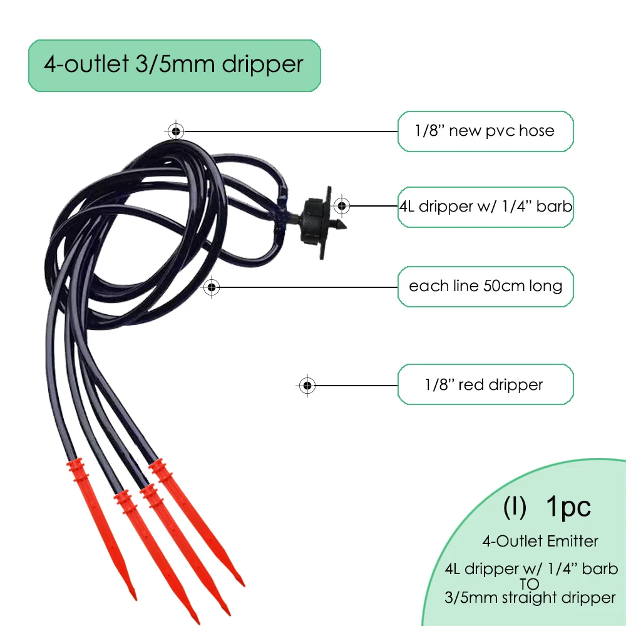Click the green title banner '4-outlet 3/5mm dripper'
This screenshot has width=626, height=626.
pyautogui.click(x=174, y=65)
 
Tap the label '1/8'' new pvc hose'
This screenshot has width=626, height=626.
pyautogui.click(x=485, y=131)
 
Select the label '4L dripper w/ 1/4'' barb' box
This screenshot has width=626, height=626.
pyautogui.click(x=485, y=206)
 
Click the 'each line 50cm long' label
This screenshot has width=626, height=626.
pyautogui.click(x=485, y=287)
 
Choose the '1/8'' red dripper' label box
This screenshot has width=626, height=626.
pyautogui.click(x=485, y=384)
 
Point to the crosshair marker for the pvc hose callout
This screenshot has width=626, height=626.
pyautogui.click(x=176, y=131)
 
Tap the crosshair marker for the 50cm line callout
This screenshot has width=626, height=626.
pyautogui.click(x=212, y=287)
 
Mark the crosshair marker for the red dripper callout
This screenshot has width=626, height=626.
pyautogui.click(x=306, y=385)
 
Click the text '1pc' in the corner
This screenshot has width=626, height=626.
pyautogui.click(x=568, y=507)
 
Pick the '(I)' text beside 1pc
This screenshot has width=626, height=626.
pyautogui.click(x=515, y=508)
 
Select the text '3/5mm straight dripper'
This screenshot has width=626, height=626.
pyautogui.click(x=530, y=597)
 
